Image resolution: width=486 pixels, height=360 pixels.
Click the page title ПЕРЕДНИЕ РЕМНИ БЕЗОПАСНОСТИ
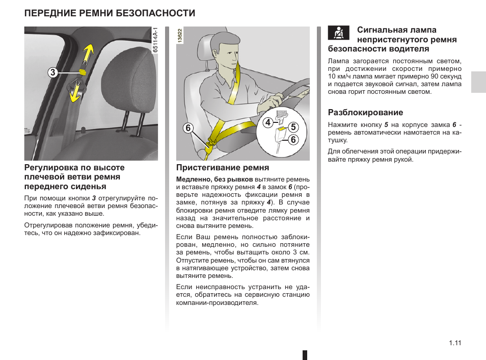point(110,13)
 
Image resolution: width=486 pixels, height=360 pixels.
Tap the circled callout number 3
point(52,72)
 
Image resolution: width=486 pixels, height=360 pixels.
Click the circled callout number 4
point(267,122)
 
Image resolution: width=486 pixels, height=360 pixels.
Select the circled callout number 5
point(293,127)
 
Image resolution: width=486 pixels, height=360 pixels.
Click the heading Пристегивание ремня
point(223,167)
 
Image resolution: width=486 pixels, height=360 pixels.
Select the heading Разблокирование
point(365,112)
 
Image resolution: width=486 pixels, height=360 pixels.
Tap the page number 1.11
point(455,343)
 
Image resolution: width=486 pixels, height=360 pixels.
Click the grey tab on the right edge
point(478,82)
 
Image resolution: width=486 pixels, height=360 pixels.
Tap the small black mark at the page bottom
point(304,355)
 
